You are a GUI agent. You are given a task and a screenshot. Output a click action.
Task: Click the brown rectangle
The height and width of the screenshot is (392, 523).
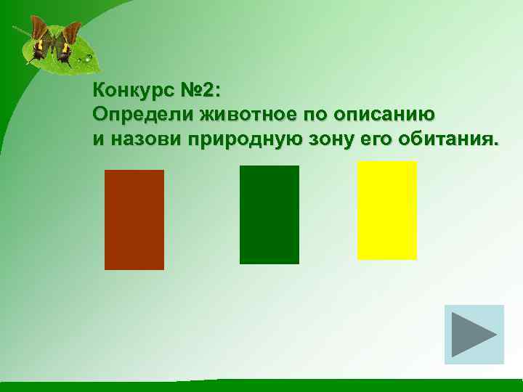click(x=134, y=219)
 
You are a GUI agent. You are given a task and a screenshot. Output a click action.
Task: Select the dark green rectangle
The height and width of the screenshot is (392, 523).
click(x=269, y=214)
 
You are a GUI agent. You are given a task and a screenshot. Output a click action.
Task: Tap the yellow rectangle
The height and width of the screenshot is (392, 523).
click(x=387, y=210)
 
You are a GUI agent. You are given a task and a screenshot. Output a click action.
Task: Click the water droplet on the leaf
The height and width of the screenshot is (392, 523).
click(x=88, y=57)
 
